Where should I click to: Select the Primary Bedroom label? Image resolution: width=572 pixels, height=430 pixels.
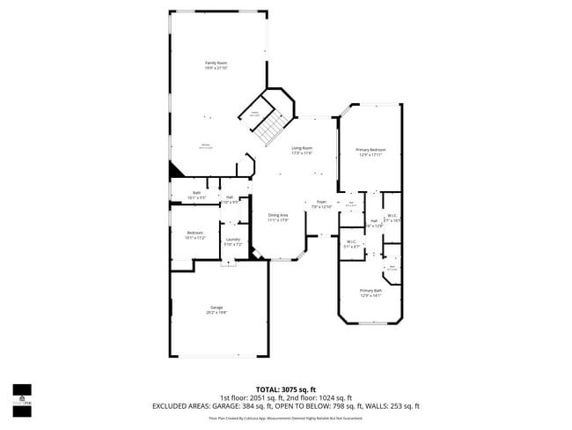(369, 152)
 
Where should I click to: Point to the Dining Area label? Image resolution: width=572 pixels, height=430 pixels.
(278, 217)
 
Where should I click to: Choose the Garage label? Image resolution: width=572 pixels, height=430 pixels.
(216, 309)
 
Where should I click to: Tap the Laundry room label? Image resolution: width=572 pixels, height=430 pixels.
(233, 241)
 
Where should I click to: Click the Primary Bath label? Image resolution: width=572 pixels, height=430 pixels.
(370, 293)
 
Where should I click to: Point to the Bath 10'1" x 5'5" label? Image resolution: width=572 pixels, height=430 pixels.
(197, 195)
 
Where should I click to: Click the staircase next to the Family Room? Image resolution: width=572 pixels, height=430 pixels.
(272, 128)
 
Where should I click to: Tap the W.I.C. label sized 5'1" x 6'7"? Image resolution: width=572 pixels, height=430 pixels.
(351, 244)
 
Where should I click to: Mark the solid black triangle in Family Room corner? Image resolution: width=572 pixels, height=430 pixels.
(176, 170)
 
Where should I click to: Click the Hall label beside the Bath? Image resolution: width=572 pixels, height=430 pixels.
(230, 198)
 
